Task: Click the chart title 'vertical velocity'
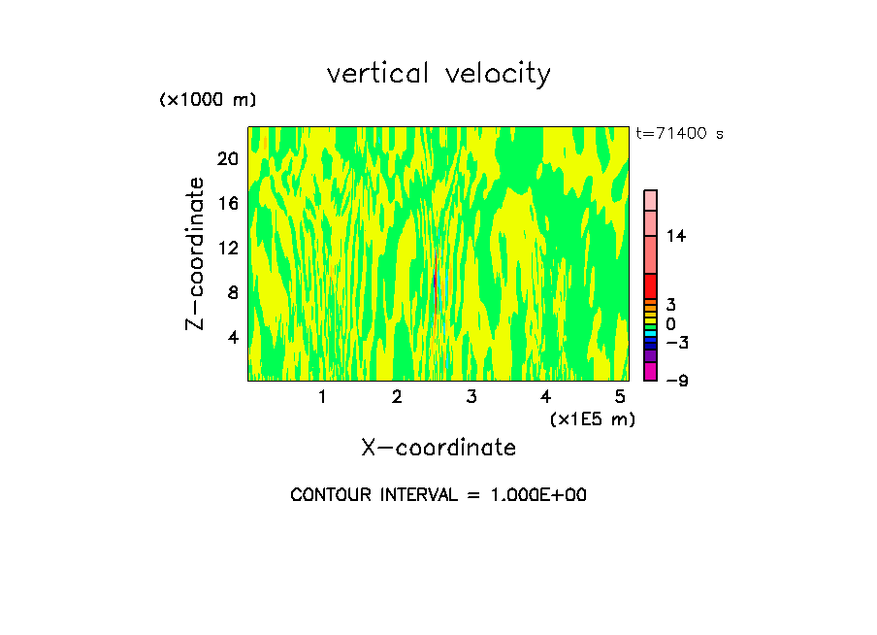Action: [x=438, y=74]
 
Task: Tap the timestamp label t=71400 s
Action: [x=680, y=134]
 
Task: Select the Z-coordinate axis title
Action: [x=196, y=254]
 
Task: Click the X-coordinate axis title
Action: [x=438, y=448]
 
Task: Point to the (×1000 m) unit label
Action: [x=207, y=100]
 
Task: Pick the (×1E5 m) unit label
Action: [x=592, y=418]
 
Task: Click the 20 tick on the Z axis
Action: [x=227, y=158]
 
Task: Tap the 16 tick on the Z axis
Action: [x=227, y=203]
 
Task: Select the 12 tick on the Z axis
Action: [x=227, y=248]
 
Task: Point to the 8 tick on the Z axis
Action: [x=232, y=292]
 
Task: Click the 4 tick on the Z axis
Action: [x=232, y=337]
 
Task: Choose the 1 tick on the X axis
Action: [x=322, y=396]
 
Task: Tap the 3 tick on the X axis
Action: [x=471, y=396]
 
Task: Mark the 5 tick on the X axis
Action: [x=620, y=396]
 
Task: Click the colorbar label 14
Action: [x=676, y=236]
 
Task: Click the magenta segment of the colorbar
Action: [x=650, y=371]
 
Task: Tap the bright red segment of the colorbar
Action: [x=650, y=286]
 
